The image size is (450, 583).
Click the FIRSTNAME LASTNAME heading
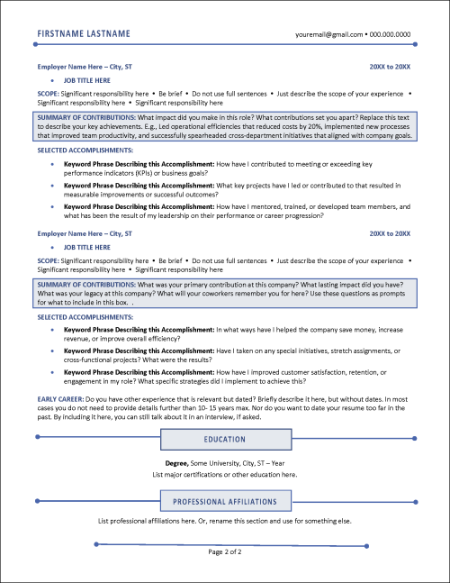[x=84, y=33]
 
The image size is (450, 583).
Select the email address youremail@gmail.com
[x=328, y=34]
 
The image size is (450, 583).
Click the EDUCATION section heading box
[x=225, y=440]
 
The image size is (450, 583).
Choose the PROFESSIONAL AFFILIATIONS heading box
[x=225, y=501]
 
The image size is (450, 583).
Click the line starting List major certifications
[x=225, y=473]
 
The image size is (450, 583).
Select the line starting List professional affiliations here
[x=225, y=521]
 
